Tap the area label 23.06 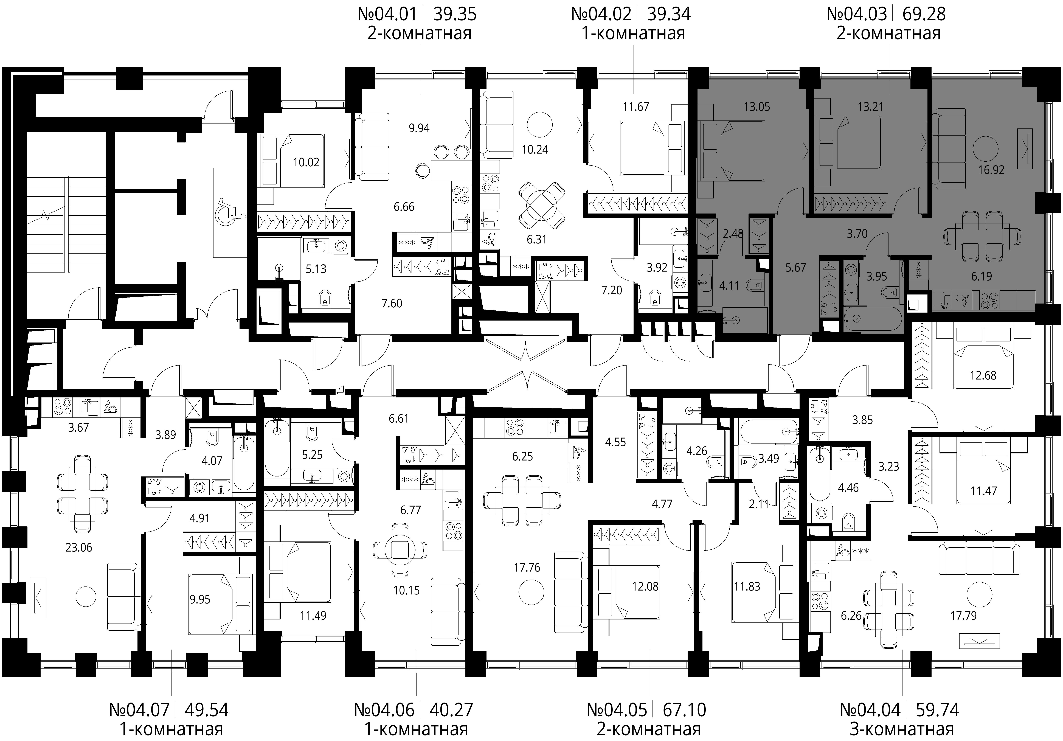(79, 547)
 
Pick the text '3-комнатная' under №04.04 (902, 729)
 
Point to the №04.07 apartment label (139, 709)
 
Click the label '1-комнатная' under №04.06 (416, 729)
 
